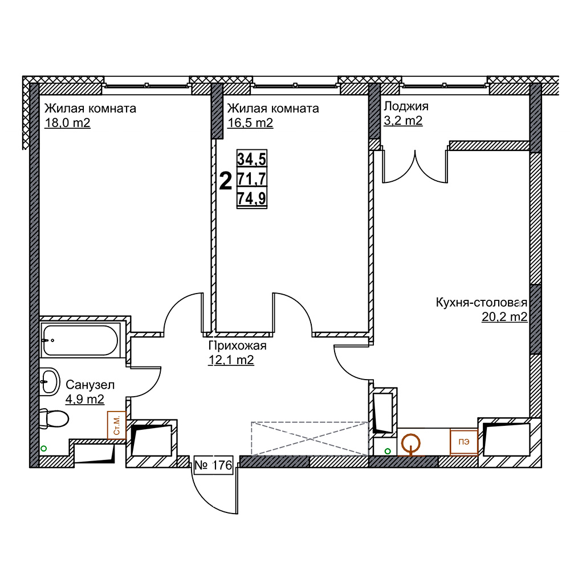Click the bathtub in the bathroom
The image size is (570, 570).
click(x=80, y=340)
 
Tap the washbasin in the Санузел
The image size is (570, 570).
click(x=50, y=382)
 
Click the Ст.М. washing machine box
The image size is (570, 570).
click(x=117, y=425)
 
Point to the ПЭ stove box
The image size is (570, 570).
click(x=463, y=442)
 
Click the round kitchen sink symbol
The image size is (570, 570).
click(x=411, y=444)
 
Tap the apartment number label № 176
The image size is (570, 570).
click(x=213, y=465)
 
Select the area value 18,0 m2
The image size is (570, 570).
click(x=67, y=123)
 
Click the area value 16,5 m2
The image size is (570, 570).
click(x=250, y=123)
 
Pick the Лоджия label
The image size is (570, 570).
click(x=406, y=106)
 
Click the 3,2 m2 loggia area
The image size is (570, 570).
click(x=403, y=120)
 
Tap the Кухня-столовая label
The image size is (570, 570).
click(x=481, y=303)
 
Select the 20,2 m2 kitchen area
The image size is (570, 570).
click(x=504, y=317)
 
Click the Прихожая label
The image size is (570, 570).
click(x=237, y=346)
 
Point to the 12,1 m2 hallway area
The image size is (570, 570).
click(x=231, y=360)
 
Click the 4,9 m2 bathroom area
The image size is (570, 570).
click(x=85, y=400)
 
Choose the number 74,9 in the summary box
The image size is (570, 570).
click(x=251, y=198)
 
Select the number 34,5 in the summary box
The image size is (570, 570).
click(x=251, y=159)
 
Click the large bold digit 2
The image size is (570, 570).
click(x=226, y=181)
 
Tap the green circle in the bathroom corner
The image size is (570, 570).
click(x=44, y=449)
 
